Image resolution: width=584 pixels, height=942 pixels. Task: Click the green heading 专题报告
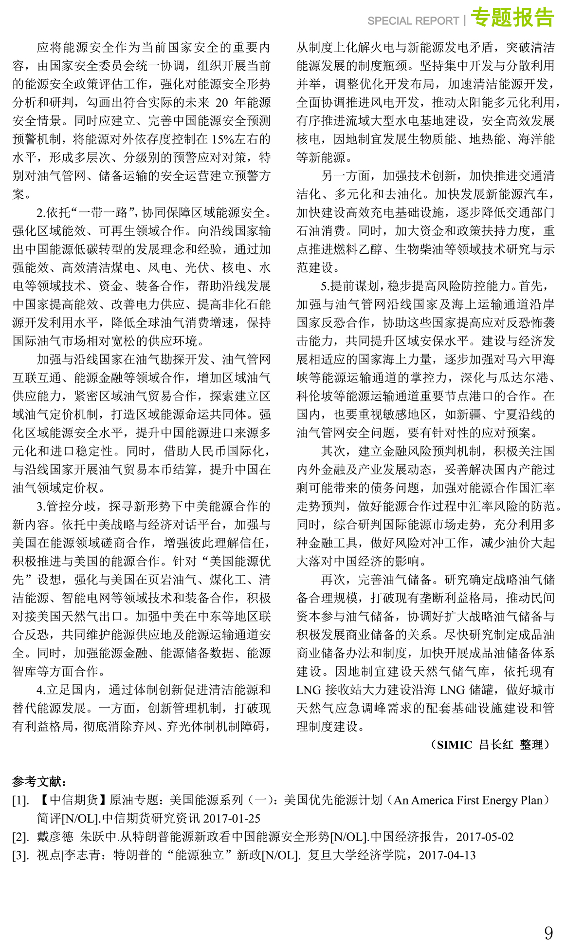coord(512,18)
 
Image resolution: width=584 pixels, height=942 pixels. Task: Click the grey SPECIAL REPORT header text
coord(413,21)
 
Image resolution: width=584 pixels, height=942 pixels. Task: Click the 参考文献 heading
coord(38,781)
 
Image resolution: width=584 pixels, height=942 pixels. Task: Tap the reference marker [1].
coord(20,800)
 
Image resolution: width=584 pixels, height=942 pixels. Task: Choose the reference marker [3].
coord(20,855)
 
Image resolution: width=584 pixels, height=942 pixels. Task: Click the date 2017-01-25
coord(232,818)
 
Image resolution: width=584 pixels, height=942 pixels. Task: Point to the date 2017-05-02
coord(485,837)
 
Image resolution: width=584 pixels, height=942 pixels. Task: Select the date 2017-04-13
coord(447,855)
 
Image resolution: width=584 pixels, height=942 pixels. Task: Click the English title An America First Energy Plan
coord(468,800)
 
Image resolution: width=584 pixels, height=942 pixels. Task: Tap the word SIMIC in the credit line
coord(454,745)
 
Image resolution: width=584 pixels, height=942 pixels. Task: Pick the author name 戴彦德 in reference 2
coord(55,837)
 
